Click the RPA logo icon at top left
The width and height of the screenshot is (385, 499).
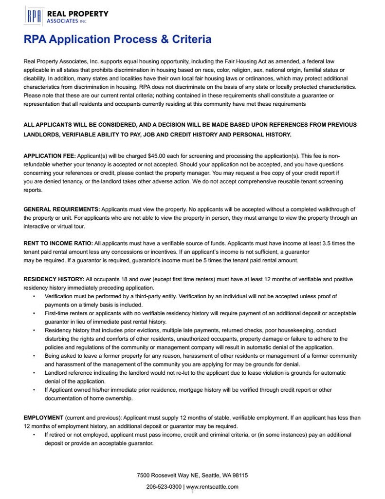34,17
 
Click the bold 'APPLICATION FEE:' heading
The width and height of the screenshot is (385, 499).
50,155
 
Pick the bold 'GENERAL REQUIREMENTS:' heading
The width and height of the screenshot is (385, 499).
62,209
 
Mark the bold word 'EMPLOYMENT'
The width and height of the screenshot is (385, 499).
43,418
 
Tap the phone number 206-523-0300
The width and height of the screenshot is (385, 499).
164,486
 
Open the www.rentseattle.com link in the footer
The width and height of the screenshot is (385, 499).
212,486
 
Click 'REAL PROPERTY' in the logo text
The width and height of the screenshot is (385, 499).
78,14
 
